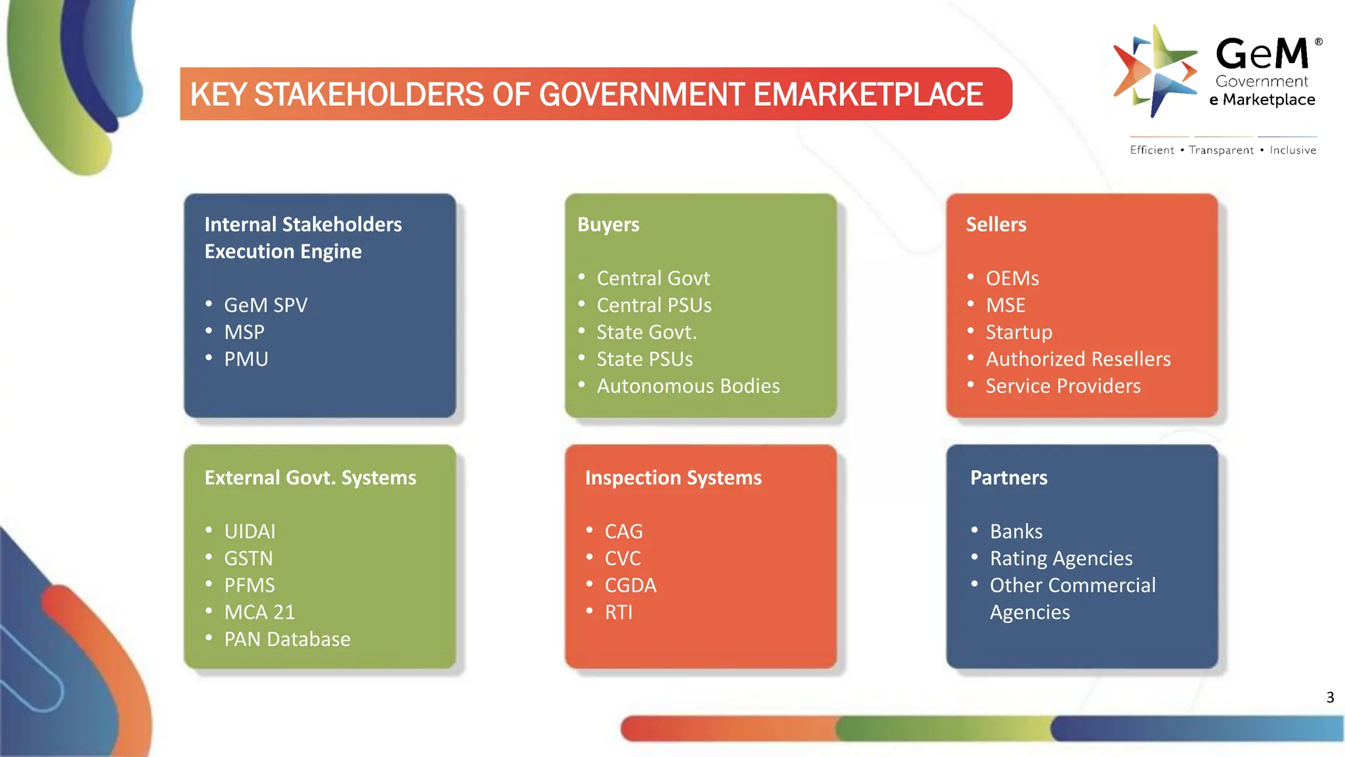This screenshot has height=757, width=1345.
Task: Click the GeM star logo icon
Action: tap(1155, 71)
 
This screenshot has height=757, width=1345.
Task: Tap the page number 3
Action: tap(1330, 697)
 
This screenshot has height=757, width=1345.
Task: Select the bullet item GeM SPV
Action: tap(265, 305)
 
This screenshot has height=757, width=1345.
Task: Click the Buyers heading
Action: tap(608, 225)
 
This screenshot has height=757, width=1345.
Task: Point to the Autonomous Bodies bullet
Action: tap(688, 386)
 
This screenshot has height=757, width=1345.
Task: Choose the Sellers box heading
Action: tap(996, 225)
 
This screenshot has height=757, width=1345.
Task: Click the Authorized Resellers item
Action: tap(1078, 359)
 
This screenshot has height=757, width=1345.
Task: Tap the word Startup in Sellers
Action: tap(1019, 332)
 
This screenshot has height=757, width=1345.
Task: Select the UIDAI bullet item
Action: tap(250, 531)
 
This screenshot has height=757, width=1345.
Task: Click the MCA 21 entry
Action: tap(259, 612)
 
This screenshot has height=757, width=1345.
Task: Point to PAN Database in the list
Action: tap(287, 639)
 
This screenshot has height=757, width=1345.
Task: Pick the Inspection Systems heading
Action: tap(673, 478)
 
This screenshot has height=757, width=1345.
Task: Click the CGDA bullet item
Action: tap(630, 585)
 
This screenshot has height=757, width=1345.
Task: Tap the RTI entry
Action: tap(619, 612)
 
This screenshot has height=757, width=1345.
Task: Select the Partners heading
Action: tap(1009, 478)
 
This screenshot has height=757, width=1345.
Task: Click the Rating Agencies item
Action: tap(1061, 558)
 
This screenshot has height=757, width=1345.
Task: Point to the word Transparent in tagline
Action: tap(1221, 150)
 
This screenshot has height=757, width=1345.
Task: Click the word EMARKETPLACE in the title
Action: tap(868, 94)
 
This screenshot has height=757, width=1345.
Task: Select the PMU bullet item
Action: tap(246, 359)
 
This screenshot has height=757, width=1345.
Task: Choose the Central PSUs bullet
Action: tap(654, 305)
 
